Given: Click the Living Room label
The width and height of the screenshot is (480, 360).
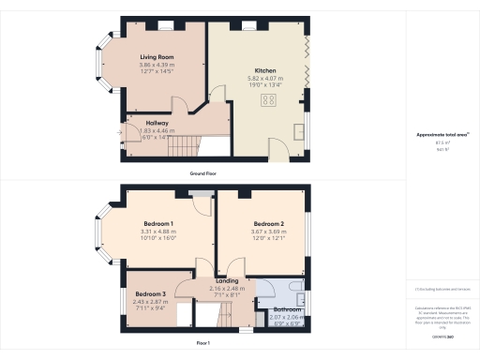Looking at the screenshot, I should (157, 57).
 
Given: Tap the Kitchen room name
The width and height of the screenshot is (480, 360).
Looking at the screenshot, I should (263, 70).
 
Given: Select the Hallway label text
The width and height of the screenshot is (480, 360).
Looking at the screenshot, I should (157, 123).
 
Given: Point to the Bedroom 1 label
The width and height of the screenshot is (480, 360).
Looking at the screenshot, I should (157, 223).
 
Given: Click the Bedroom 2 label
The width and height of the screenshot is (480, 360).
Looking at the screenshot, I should (268, 224).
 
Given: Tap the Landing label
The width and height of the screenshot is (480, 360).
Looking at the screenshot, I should (226, 280).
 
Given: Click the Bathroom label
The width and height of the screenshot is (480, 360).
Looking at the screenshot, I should (287, 310).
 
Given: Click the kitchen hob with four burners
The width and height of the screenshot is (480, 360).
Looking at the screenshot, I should (269, 100).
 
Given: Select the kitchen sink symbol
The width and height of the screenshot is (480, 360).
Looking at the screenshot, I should (299, 130).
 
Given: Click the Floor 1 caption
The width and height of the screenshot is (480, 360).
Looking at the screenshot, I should (203, 344).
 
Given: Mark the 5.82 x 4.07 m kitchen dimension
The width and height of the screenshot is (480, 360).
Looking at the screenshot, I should (263, 78).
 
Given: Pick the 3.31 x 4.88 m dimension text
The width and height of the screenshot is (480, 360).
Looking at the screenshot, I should (157, 231).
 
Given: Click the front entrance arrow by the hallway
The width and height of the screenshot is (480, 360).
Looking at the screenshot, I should (119, 132).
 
